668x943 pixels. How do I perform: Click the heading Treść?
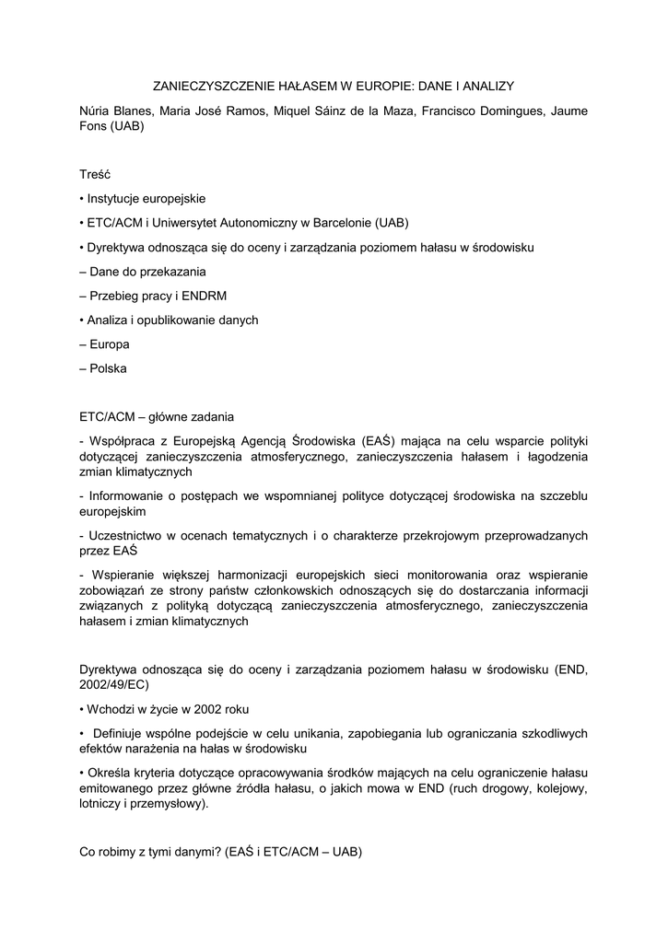pos(96,173)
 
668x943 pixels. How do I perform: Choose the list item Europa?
pos(110,344)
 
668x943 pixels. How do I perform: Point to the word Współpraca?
pos(122,439)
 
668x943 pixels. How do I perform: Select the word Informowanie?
pos(129,496)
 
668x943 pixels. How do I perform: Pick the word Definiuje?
pos(123,733)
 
